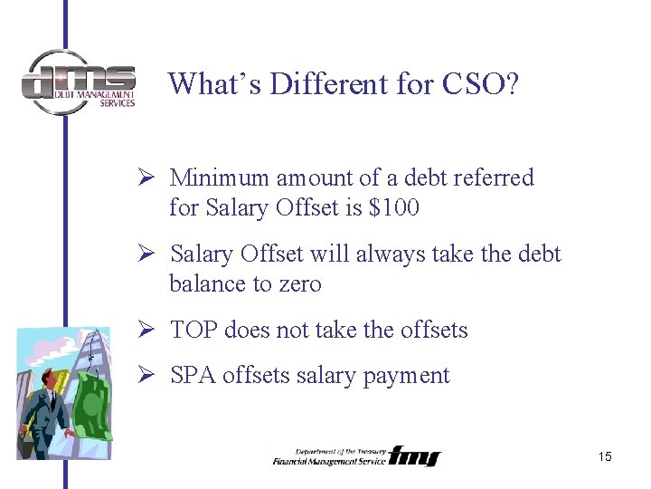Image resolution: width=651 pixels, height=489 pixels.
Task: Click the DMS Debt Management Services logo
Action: click(79, 81)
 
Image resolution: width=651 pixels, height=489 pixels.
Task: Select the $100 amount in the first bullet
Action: click(394, 208)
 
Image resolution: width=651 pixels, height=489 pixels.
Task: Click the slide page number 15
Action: click(605, 456)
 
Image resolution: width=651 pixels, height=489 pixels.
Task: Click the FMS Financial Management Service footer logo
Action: click(355, 455)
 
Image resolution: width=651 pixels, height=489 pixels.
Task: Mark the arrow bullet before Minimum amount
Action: click(152, 177)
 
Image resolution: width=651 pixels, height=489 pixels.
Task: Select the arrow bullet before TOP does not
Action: click(152, 330)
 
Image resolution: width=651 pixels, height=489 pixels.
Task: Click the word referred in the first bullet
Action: click(495, 177)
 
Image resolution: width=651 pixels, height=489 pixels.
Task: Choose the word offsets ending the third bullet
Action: click(434, 330)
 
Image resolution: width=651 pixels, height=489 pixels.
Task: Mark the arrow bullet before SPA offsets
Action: click(152, 375)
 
